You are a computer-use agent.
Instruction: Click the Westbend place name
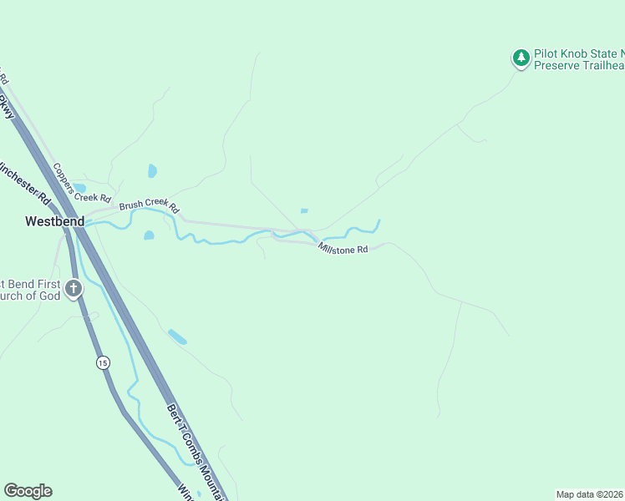[54, 222]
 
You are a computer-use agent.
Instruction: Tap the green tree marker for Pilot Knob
[521, 58]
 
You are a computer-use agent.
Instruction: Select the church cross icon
[74, 290]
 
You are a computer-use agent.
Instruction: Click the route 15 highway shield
[102, 362]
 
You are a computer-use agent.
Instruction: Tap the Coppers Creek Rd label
[82, 183]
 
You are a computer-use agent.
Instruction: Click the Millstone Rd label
[343, 249]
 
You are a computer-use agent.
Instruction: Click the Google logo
[28, 491]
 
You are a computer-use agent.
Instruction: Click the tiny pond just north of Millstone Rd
[303, 210]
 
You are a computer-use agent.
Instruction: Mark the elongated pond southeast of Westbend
[177, 337]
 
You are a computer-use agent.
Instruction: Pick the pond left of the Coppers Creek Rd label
[79, 187]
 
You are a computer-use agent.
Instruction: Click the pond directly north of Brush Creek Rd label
[152, 170]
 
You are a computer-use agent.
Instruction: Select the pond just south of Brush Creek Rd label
[149, 235]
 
